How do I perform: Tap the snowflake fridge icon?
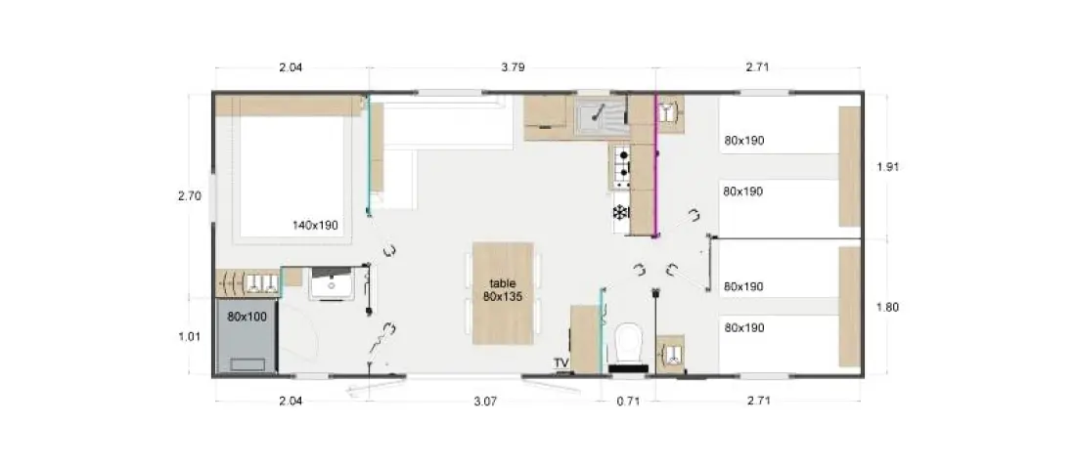point(621,213)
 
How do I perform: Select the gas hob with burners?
point(622,166)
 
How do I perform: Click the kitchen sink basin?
point(601,117)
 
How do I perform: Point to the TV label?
point(561,362)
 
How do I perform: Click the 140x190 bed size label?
point(315,224)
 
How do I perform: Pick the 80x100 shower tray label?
point(247,317)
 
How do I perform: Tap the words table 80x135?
point(503,289)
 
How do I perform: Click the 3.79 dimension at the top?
point(513,67)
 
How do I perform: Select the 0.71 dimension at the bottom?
point(628,402)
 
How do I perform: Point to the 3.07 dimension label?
point(484,402)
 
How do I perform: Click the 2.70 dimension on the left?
point(190,196)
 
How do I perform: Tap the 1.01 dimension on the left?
point(190,336)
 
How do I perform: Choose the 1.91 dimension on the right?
point(888,166)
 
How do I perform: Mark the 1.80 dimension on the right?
point(888,307)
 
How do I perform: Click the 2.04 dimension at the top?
point(291,67)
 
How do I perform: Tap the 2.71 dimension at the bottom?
point(758,402)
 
